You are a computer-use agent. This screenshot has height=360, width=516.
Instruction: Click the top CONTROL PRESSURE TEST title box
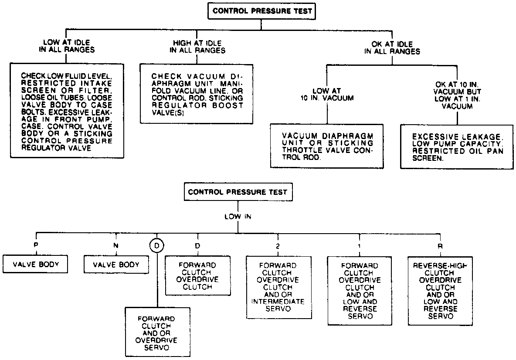[261, 12]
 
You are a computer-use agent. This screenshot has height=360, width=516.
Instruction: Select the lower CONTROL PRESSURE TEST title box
[238, 191]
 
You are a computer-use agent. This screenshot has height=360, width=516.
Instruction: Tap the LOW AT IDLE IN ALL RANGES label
[66, 47]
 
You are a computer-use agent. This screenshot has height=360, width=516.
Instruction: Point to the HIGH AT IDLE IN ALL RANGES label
[197, 47]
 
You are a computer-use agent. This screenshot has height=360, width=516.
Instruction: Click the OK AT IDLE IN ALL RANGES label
[392, 48]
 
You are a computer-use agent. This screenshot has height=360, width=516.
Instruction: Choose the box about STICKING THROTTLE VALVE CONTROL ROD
[327, 146]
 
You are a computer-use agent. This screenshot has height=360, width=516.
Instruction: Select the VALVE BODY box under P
[36, 264]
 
